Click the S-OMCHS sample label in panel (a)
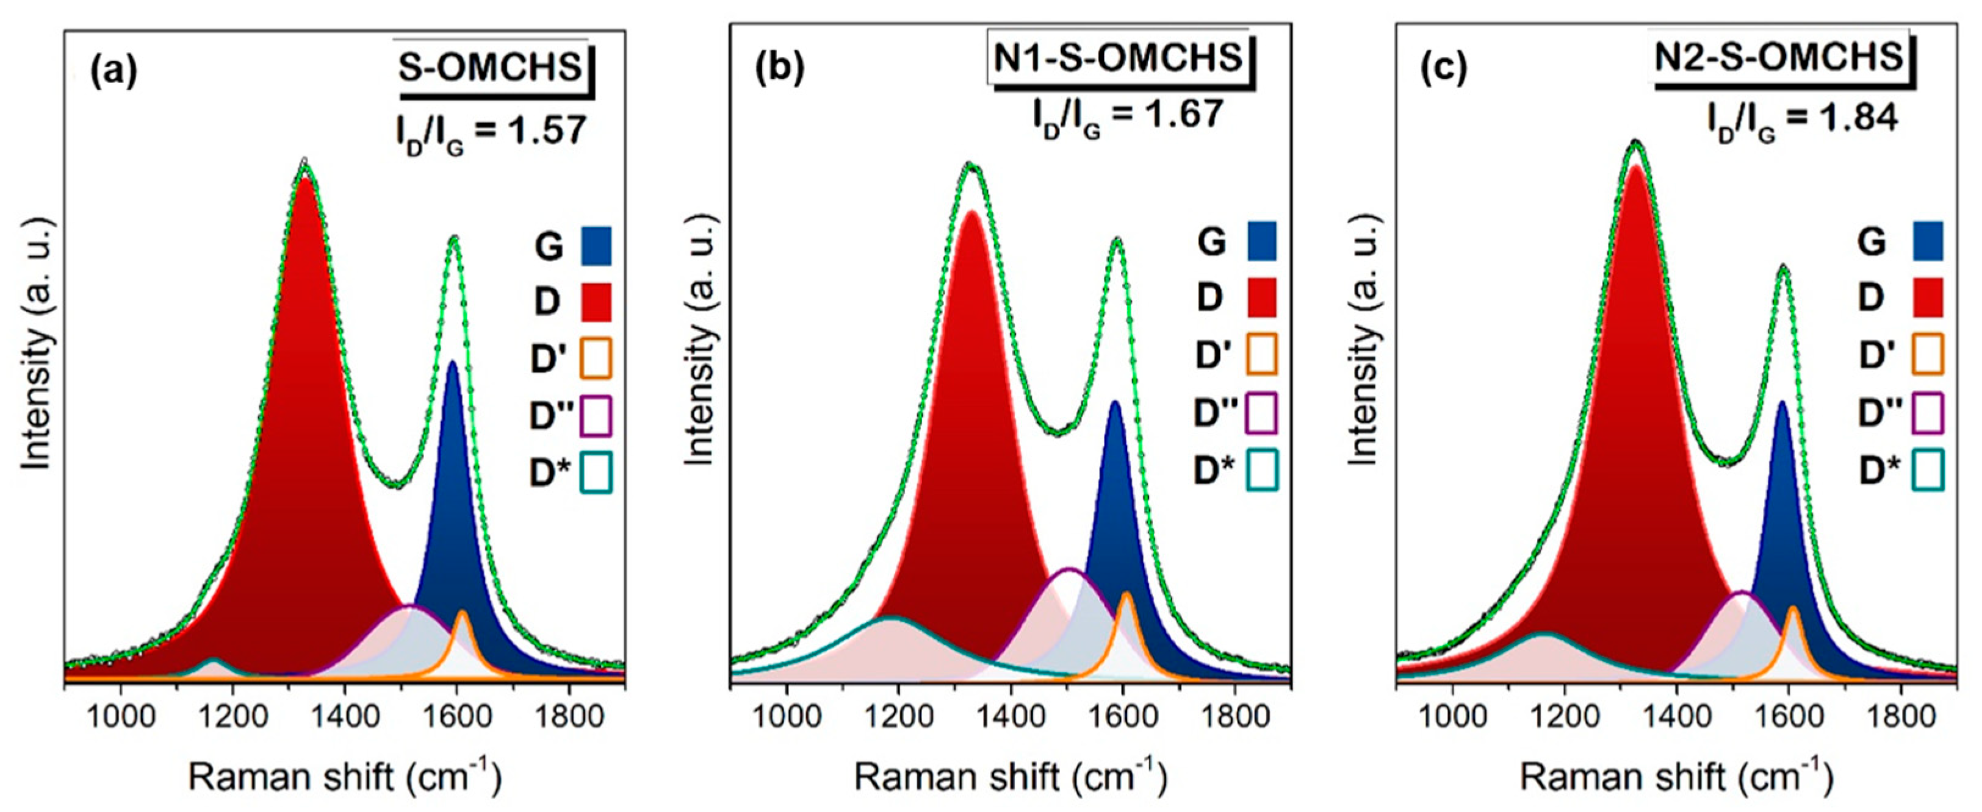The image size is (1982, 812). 491,68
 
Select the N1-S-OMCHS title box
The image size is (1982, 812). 1119,59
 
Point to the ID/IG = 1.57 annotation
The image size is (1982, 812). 491,132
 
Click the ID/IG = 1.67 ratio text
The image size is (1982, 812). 1128,117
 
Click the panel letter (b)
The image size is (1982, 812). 779,69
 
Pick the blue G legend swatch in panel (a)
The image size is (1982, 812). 596,246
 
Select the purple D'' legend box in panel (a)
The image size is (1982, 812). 596,415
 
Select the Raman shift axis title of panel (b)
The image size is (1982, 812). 1011,777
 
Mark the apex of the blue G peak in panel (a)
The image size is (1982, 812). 452,361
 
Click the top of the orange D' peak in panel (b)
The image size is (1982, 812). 1126,594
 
